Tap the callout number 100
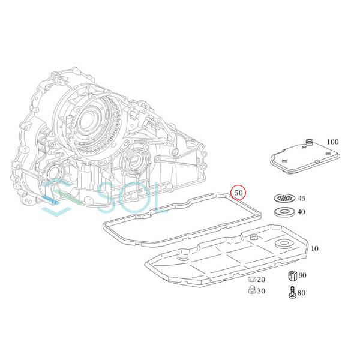pyautogui.click(x=332, y=142)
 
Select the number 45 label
pyautogui.click(x=301, y=198)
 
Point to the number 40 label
pyautogui.click(x=301, y=212)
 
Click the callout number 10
pyautogui.click(x=316, y=248)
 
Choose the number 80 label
pyautogui.click(x=302, y=293)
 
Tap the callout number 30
pyautogui.click(x=260, y=291)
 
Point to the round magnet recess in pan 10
pyautogui.click(x=283, y=244)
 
